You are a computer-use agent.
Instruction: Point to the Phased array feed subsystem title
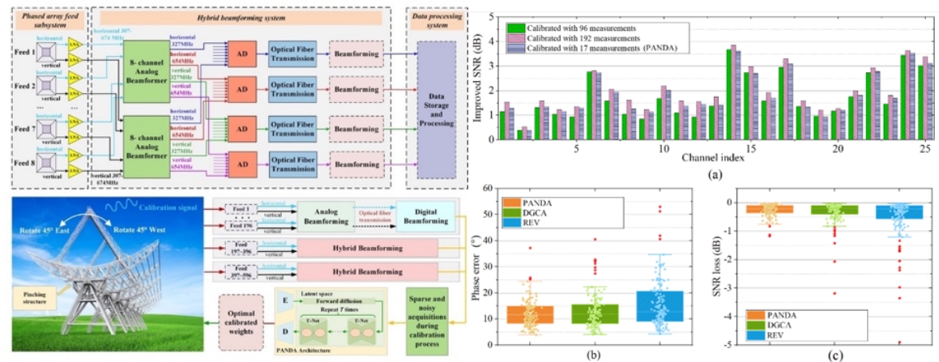(47, 16)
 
